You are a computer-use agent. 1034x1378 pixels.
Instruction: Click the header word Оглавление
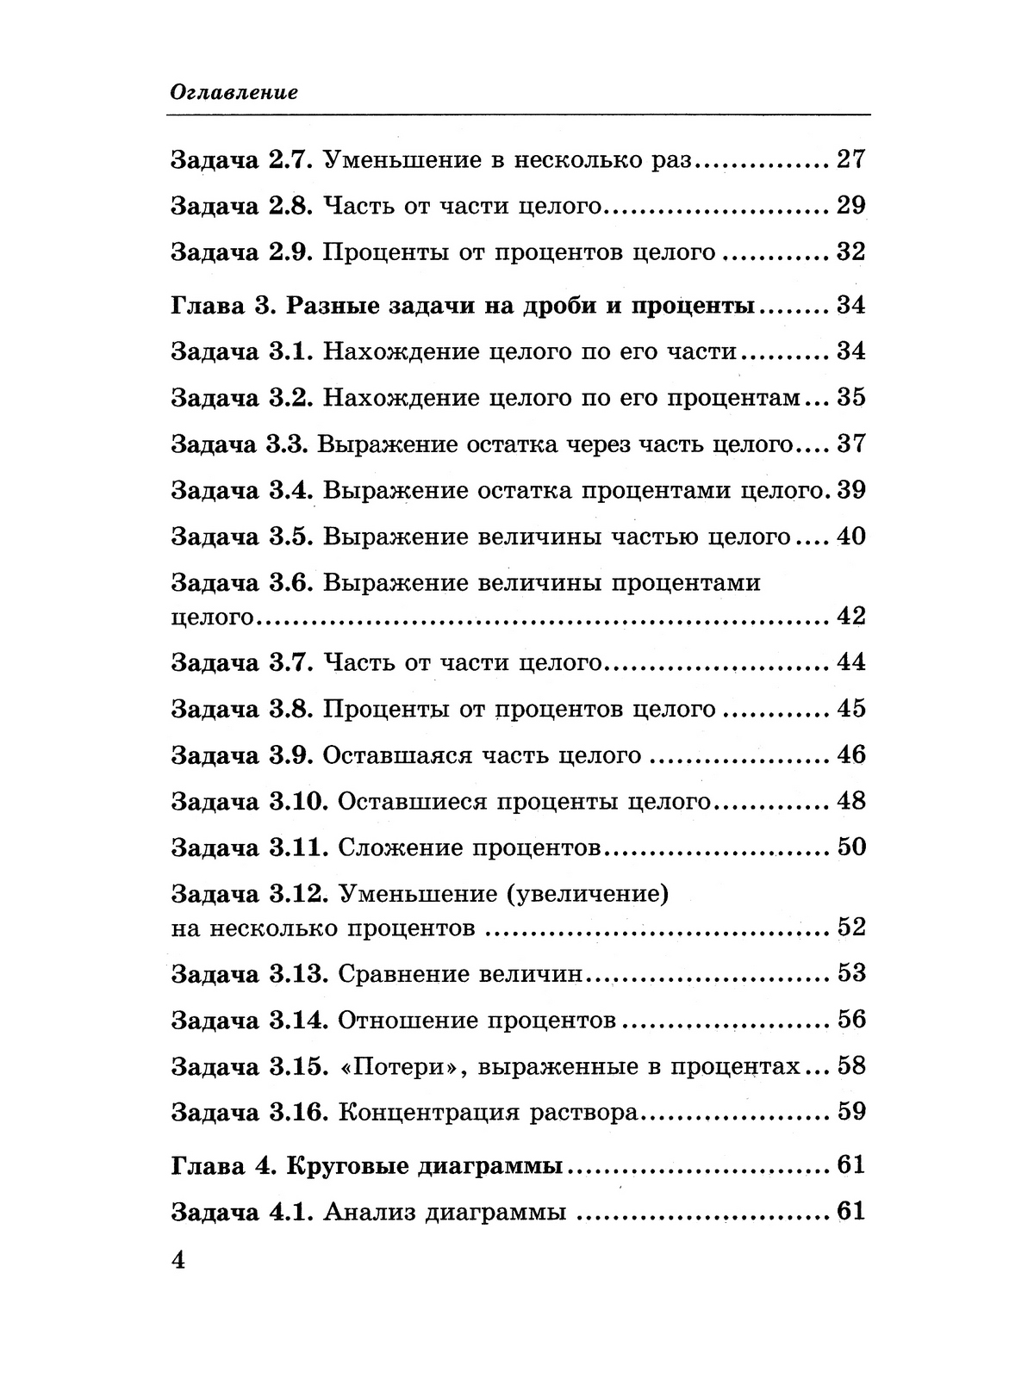[x=234, y=92]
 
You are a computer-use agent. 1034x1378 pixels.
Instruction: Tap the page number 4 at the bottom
[x=179, y=1260]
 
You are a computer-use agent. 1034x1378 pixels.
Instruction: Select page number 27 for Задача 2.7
[x=850, y=159]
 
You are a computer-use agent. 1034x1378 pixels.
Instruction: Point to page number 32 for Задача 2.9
[x=850, y=252]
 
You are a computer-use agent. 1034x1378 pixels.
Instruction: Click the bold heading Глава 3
[x=222, y=306]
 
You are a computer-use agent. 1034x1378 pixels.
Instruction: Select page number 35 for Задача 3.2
[x=850, y=398]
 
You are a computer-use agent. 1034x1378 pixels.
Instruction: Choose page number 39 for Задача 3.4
[x=850, y=490]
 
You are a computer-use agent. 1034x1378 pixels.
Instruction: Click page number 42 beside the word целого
[x=850, y=616]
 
